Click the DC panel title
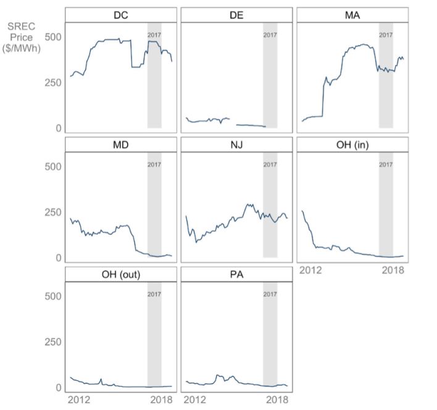pos(121,15)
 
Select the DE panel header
pos(236,15)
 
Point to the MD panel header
pos(121,144)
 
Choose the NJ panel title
pos(236,144)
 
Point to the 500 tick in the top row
pos(54,37)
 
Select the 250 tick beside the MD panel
pos(54,212)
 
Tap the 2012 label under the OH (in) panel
pos(310,270)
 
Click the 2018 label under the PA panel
pos(277,400)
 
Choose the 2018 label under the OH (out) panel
pos(162,400)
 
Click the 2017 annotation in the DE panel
pos(270,35)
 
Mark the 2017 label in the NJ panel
pos(270,165)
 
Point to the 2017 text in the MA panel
pos(386,35)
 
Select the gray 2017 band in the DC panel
pos(154,86)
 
